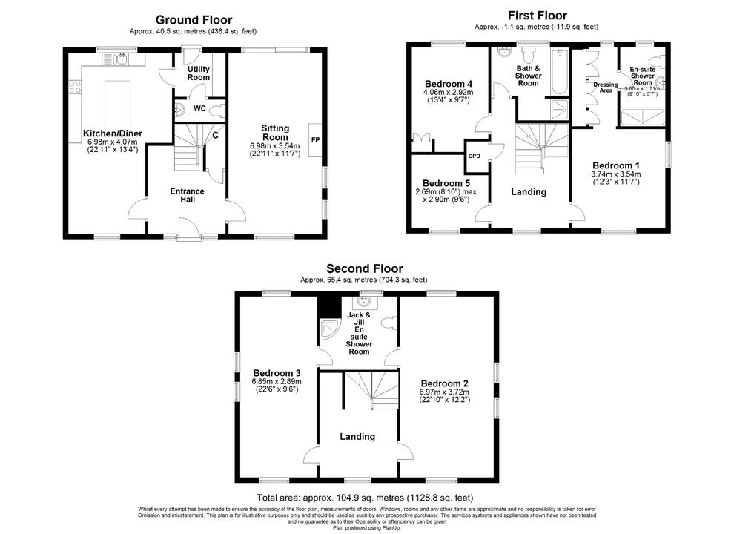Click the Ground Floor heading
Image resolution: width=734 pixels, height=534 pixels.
194,20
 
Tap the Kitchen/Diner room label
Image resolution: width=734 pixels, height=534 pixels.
113,133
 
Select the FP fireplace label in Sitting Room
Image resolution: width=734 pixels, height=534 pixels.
314,139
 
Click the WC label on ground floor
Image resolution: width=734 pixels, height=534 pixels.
199,109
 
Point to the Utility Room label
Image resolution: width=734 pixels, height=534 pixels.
198,73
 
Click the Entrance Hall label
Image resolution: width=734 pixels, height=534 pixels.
187,196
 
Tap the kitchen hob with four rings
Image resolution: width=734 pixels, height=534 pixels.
75,88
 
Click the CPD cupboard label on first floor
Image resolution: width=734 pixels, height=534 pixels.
474,156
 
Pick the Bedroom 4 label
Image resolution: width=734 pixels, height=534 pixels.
449,83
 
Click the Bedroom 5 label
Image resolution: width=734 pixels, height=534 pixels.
446,183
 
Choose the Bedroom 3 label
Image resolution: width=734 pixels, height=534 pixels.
277,372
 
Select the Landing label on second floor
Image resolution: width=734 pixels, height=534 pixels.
357,437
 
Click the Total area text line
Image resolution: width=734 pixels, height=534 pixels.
365,498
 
